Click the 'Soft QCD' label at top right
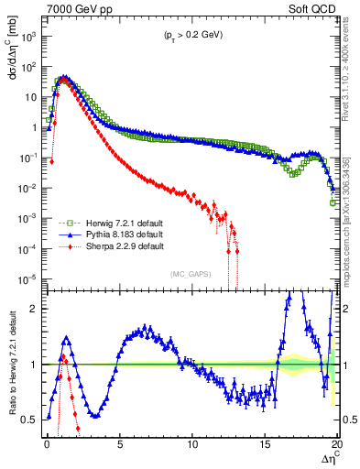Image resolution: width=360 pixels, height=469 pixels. [314, 8]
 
